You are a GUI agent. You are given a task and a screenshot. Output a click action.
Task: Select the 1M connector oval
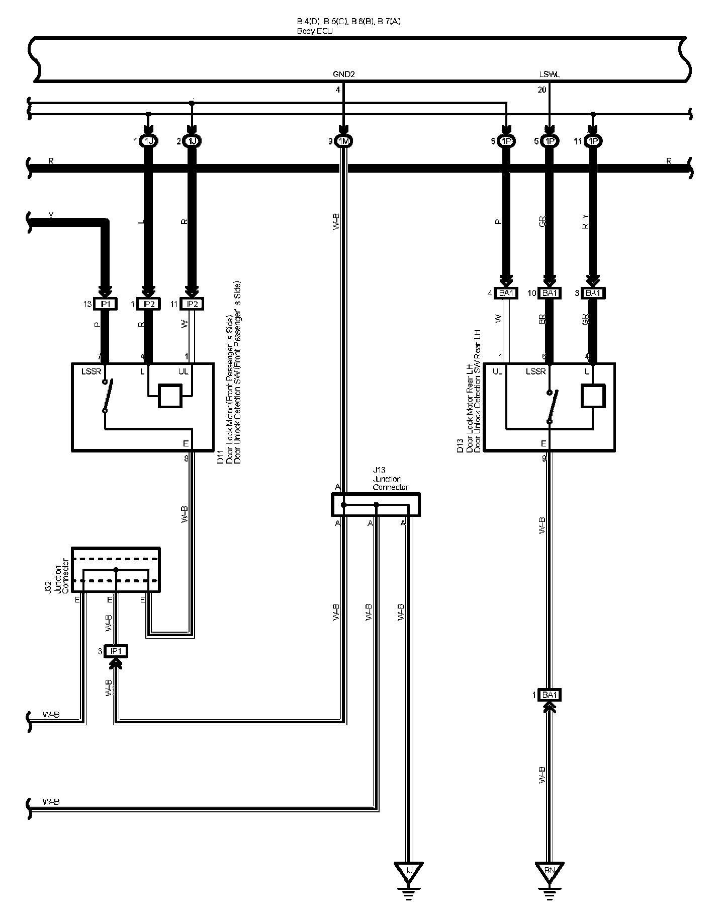tap(343, 141)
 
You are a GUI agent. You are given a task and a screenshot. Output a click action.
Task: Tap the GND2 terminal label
tap(344, 74)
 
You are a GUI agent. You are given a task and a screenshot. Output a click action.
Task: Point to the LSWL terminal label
tap(549, 74)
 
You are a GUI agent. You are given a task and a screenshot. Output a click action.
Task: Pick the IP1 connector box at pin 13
tap(106, 304)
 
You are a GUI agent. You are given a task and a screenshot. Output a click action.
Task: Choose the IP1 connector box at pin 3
tap(116, 651)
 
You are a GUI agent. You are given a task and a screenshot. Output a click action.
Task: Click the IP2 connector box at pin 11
tap(192, 304)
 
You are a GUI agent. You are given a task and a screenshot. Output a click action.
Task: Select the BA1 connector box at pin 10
tap(550, 293)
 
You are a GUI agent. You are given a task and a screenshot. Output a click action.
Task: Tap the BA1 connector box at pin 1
tap(550, 695)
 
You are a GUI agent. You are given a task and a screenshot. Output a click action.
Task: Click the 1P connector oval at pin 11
tap(593, 141)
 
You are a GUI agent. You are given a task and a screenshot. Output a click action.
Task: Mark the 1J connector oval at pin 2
tap(192, 141)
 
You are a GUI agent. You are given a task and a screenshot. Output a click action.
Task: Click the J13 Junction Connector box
tap(376, 504)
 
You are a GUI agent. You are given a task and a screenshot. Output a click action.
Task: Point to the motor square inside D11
tap(170, 396)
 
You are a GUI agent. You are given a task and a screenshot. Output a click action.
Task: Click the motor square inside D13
tap(593, 396)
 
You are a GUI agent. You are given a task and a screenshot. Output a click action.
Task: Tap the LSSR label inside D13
tap(535, 371)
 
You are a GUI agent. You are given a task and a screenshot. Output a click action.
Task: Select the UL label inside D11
tap(184, 371)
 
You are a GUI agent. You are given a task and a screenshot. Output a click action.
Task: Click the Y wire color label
tap(51, 215)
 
